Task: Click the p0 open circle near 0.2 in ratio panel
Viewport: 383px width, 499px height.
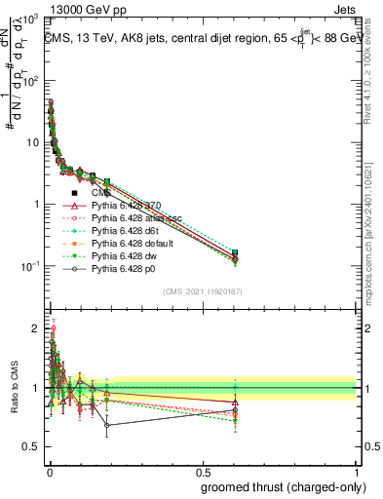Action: coord(107,425)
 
